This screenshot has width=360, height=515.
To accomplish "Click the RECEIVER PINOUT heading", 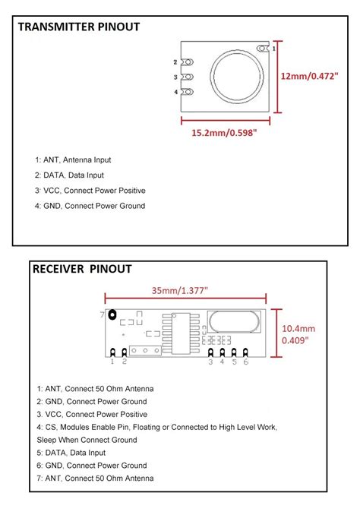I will [x=82, y=269].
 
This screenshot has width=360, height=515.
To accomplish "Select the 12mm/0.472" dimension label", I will [x=309, y=77].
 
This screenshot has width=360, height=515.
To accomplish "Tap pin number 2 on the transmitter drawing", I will [x=175, y=62].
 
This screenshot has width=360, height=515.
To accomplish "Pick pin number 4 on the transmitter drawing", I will [x=175, y=93].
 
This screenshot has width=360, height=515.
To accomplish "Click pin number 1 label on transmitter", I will [x=274, y=48].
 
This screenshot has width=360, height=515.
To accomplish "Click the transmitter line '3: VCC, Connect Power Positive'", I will [x=90, y=191].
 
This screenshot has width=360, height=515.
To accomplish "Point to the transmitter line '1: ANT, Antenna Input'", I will [x=73, y=160].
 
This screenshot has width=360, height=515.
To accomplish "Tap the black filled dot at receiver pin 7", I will [x=112, y=314].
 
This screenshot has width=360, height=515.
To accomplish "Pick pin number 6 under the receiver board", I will [x=246, y=362].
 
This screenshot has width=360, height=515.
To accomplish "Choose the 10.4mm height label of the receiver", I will [x=298, y=328].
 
